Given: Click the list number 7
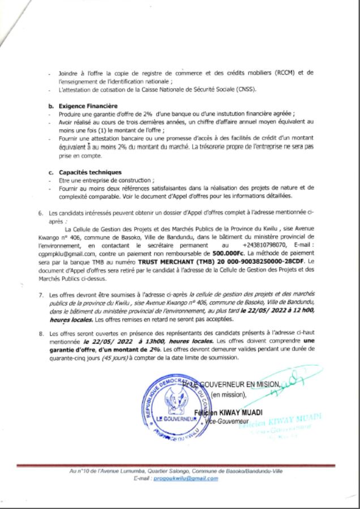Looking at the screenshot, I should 40,295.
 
